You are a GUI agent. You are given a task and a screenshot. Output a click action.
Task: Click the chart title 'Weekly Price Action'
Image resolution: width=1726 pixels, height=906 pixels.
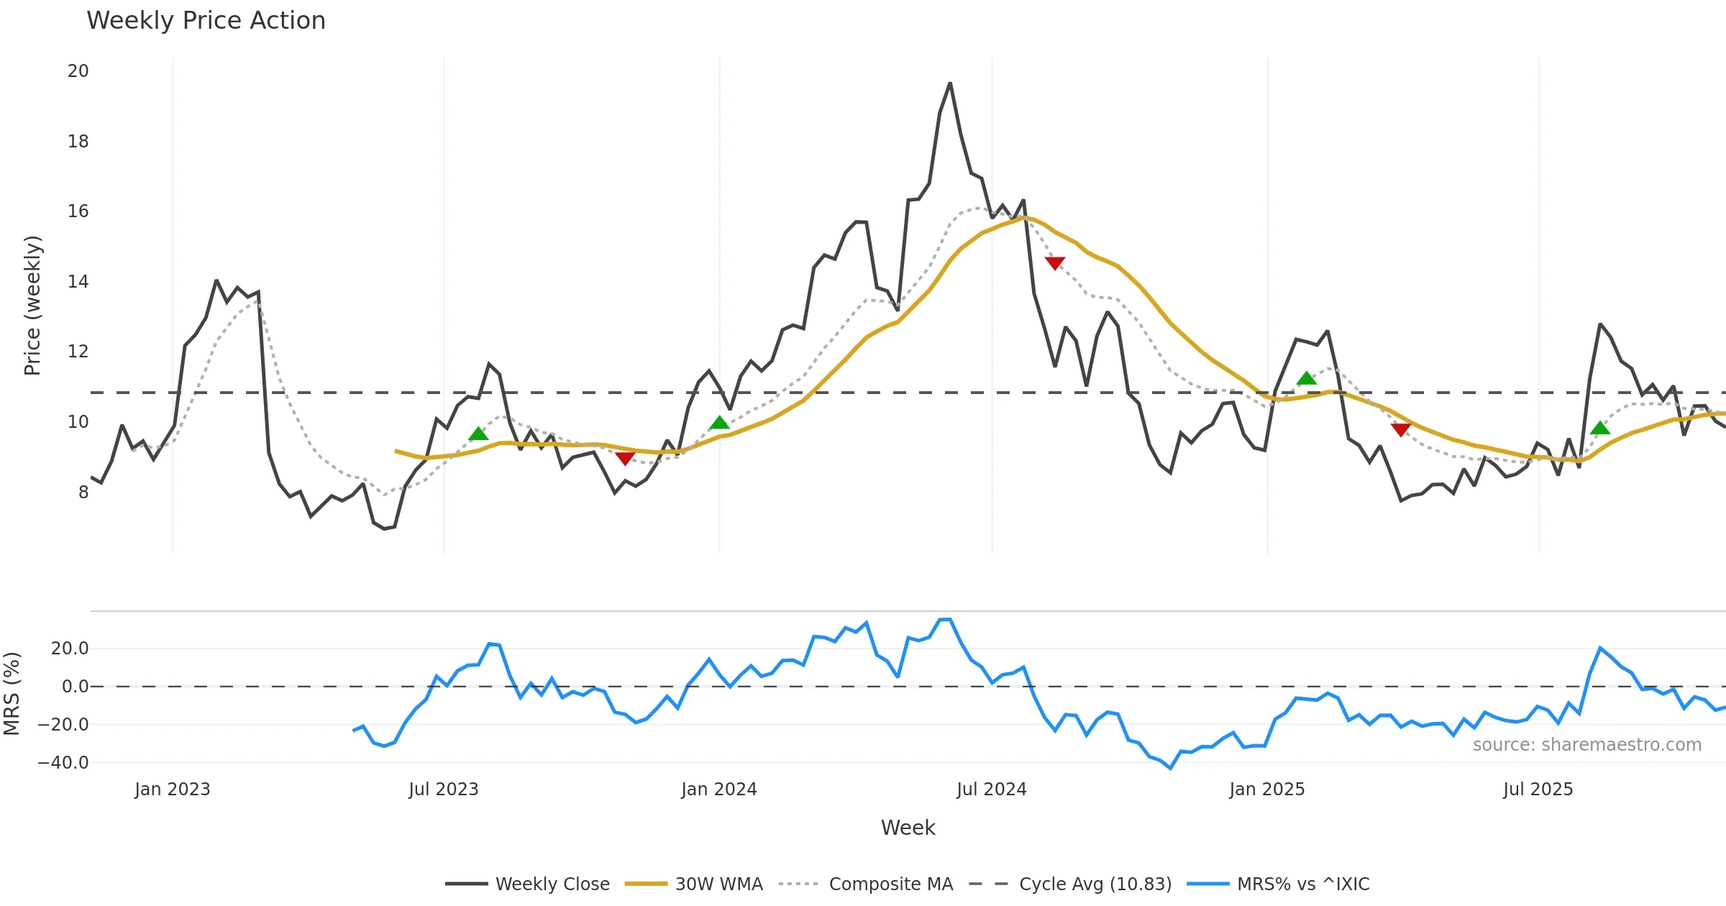click(x=206, y=21)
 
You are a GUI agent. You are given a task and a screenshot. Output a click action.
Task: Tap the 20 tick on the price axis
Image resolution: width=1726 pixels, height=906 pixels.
click(x=78, y=71)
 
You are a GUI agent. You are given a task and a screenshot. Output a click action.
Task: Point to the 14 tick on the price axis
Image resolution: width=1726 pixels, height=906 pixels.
click(x=78, y=282)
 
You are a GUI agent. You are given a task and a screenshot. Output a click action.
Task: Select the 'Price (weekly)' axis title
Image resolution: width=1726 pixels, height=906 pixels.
click(x=33, y=306)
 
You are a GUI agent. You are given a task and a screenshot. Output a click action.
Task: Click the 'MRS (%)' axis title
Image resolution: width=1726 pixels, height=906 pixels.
click(x=12, y=693)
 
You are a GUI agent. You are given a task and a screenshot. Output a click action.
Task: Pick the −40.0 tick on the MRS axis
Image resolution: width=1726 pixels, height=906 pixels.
click(x=63, y=763)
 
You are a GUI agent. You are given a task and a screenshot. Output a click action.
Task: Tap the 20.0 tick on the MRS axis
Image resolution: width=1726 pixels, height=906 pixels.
click(x=70, y=649)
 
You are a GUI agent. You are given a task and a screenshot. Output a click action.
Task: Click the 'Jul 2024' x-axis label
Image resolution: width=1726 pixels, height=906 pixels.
click(x=991, y=790)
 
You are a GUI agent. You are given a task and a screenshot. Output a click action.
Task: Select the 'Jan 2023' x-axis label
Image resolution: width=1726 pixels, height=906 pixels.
click(x=173, y=790)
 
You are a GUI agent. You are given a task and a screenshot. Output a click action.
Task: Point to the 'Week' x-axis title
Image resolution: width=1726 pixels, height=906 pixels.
click(x=908, y=828)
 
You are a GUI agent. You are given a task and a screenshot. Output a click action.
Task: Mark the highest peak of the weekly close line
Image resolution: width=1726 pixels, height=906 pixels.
click(x=950, y=83)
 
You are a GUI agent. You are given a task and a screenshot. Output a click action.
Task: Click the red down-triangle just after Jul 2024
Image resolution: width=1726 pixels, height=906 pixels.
click(x=1054, y=263)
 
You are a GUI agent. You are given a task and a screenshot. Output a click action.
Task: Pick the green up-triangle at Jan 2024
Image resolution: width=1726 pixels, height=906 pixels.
click(x=719, y=423)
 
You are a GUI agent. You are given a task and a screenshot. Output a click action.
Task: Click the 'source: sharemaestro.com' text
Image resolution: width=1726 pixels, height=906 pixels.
click(x=1586, y=745)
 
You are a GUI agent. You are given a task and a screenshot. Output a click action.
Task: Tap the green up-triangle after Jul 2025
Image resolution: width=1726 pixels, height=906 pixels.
click(x=1600, y=429)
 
